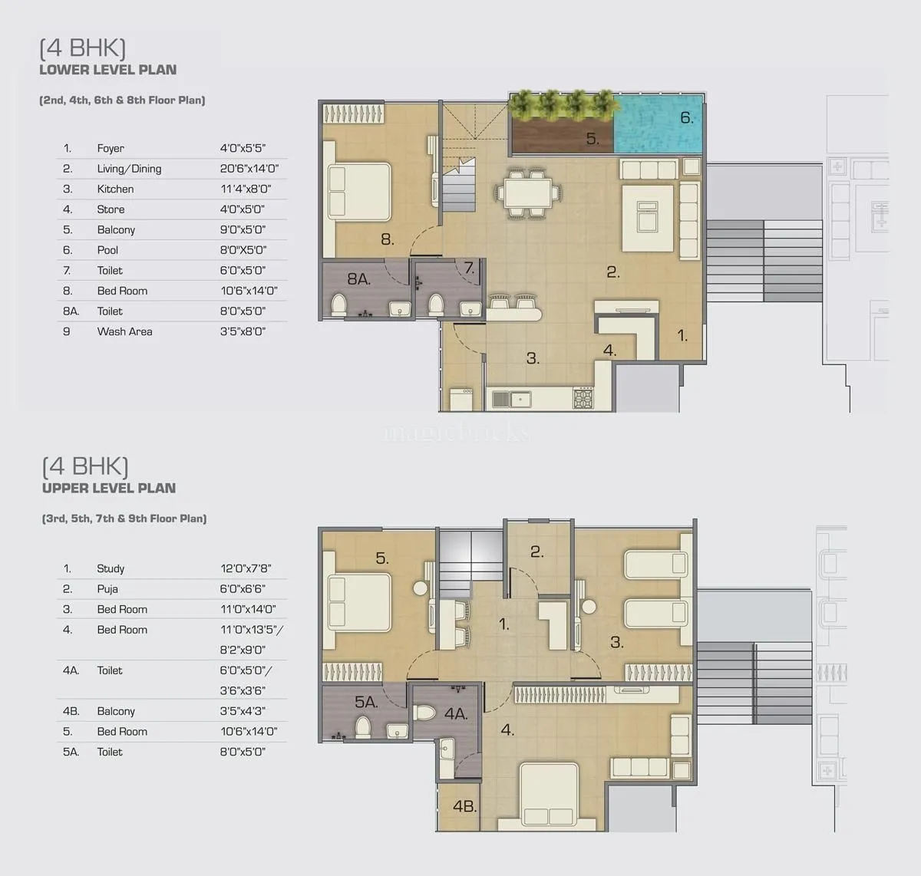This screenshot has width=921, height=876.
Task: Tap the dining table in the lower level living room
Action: [528, 192]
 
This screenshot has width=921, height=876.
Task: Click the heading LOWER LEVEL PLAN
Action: [108, 70]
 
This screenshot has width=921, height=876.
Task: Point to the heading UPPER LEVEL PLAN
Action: [109, 488]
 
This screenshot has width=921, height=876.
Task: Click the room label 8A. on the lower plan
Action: [358, 279]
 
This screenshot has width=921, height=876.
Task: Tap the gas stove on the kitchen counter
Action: [583, 399]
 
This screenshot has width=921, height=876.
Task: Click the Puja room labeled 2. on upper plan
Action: [537, 551]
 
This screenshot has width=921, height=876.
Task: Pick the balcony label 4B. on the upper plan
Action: [464, 806]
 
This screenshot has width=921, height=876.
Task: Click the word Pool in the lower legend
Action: [107, 250]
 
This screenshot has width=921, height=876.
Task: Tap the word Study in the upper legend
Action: [111, 568]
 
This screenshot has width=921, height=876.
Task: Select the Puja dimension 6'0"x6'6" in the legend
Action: [243, 589]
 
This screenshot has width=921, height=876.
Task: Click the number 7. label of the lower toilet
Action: [470, 268]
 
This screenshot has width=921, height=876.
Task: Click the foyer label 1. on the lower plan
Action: [682, 335]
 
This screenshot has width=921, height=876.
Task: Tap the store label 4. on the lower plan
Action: [610, 351]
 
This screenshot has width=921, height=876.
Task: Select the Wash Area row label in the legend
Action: [124, 331]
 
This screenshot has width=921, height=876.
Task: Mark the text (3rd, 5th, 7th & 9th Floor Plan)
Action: [124, 519]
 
